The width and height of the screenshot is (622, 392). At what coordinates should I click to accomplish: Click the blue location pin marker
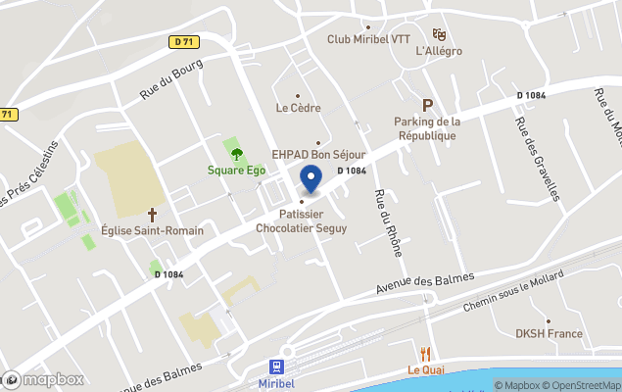pyautogui.click(x=311, y=179)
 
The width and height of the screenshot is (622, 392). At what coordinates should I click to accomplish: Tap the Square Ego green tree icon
pyautogui.click(x=235, y=152)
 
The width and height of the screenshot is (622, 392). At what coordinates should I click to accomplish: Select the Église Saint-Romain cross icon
pyautogui.click(x=152, y=214)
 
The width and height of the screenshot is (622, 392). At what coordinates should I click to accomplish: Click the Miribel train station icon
pyautogui.click(x=277, y=367)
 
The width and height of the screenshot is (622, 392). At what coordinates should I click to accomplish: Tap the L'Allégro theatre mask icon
pyautogui.click(x=439, y=34)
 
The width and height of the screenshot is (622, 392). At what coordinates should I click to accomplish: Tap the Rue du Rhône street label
pyautogui.click(x=388, y=221)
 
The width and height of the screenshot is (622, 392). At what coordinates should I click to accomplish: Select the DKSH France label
pyautogui.click(x=549, y=333)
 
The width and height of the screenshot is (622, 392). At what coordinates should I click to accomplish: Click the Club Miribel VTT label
pyautogui.click(x=367, y=39)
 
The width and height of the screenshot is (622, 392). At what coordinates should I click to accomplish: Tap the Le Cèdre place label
pyautogui.click(x=298, y=108)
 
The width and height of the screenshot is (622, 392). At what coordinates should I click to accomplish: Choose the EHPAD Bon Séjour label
pyautogui.click(x=318, y=155)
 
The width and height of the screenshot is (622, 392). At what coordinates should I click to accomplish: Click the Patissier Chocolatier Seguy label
pyautogui.click(x=301, y=220)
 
